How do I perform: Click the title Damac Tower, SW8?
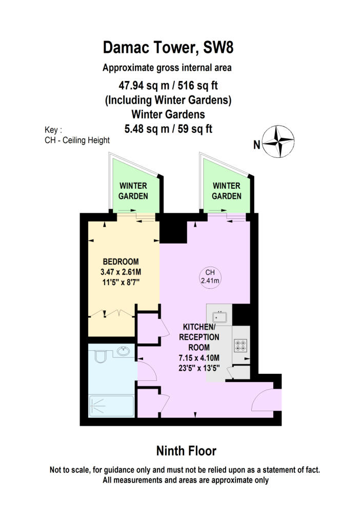168,47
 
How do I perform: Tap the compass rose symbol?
278,142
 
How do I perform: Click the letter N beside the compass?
256,145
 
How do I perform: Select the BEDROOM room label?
121,261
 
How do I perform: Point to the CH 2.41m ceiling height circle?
210,276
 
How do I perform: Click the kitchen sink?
219,316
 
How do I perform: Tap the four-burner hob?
241,346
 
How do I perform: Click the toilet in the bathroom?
100,356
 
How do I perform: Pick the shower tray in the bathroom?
111,406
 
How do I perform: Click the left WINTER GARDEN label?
133,191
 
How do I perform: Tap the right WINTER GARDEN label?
226,191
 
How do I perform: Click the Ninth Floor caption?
186,451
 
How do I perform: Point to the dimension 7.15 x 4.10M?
199,358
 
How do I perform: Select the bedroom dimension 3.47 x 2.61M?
121,272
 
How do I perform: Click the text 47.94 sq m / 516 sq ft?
168,86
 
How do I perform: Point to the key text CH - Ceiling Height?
77,140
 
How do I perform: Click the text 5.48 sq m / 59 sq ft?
168,129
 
